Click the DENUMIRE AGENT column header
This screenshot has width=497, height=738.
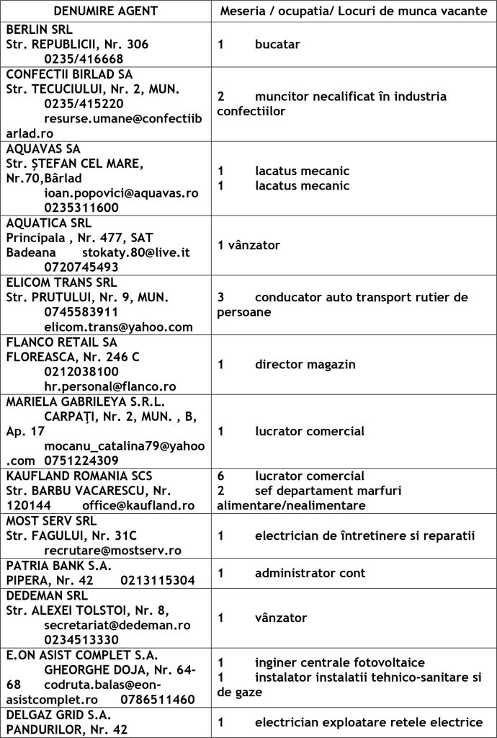click(x=105, y=12)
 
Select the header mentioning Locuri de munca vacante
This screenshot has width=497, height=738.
click(x=354, y=12)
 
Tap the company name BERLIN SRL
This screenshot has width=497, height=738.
click(x=40, y=30)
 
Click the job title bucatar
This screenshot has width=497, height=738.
click(x=277, y=44)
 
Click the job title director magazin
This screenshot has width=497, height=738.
click(x=305, y=364)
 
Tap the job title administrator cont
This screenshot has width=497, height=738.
click(x=310, y=573)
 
